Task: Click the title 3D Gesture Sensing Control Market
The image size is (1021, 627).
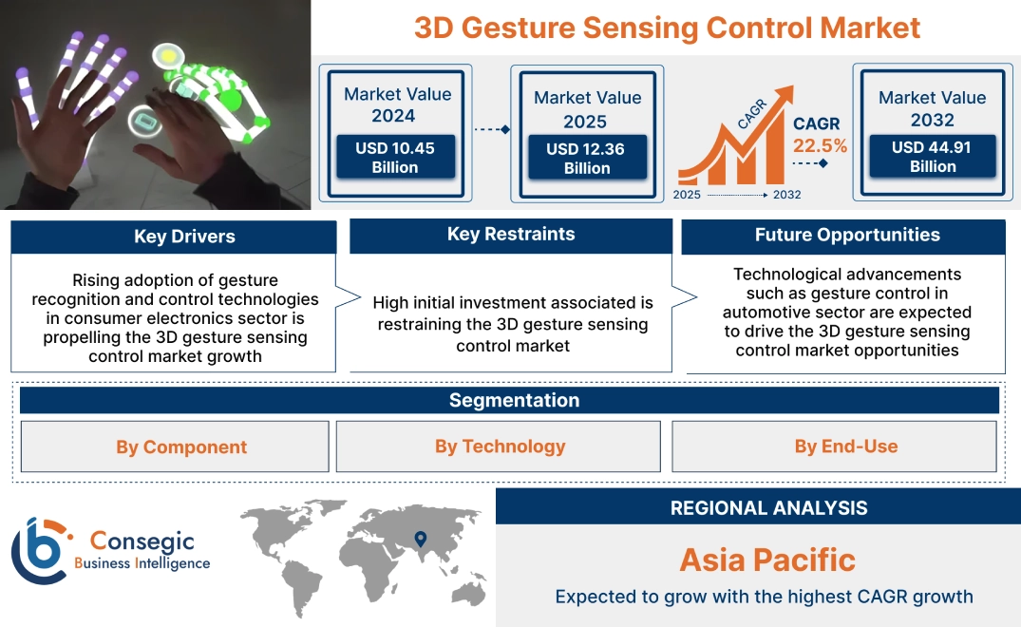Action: click(667, 28)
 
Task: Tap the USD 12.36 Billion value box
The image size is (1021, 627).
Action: click(587, 159)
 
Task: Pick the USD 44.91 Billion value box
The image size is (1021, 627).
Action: click(932, 157)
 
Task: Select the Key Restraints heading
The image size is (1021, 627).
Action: click(511, 235)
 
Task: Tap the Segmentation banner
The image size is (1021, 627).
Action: click(514, 400)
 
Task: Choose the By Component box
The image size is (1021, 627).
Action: click(181, 446)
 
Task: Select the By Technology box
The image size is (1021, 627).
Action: click(500, 446)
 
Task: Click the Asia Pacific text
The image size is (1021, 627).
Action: click(767, 560)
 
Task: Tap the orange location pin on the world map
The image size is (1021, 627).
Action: click(419, 541)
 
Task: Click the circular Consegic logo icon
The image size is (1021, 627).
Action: click(38, 550)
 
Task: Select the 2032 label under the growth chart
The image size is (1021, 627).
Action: click(786, 195)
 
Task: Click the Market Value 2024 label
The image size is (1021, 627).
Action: click(397, 104)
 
